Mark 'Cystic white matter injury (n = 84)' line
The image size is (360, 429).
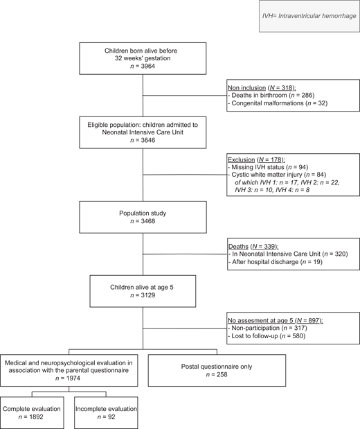point(282,177)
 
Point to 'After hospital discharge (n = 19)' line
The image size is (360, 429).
point(278,263)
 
